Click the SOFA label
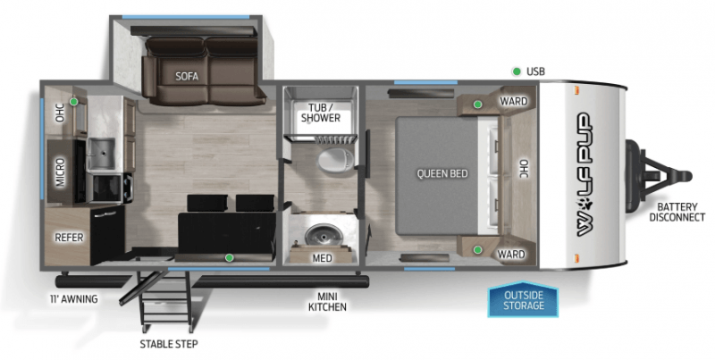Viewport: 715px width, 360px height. pos(187,76)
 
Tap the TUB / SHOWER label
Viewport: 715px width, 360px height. pos(319,113)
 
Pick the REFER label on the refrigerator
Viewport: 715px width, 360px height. pos(69,238)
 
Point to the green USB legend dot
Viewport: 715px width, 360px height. pos(516,71)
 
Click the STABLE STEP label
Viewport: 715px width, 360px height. pos(168,344)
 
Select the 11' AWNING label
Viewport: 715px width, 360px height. pos(73,298)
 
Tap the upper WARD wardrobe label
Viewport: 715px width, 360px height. pos(512,102)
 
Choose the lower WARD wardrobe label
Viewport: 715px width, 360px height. pos(511,255)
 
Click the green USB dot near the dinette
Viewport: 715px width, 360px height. pos(230,258)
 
